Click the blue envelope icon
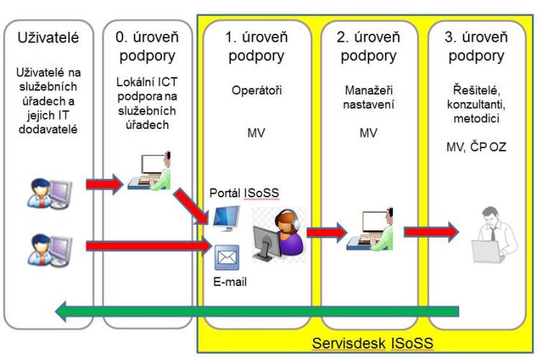pos(227,256)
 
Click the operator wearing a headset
pos(278,233)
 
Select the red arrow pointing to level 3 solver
pos(430,232)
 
